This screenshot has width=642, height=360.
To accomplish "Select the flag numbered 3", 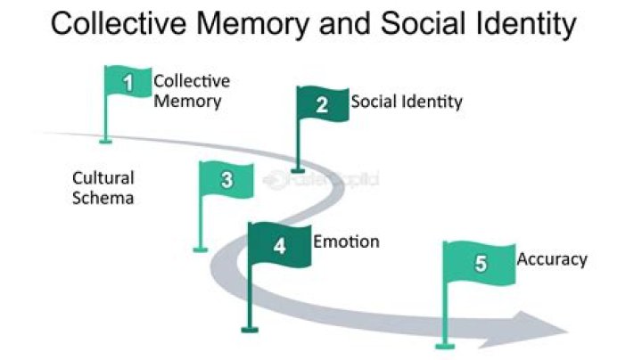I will tap(226, 179).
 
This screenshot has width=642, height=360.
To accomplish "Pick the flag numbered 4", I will tap(280, 245).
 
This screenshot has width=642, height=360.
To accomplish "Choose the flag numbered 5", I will tap(480, 263).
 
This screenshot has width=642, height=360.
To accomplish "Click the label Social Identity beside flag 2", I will tap(407, 102).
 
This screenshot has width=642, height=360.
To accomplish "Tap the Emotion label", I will tap(346, 241).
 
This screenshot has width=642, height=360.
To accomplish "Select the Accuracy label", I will tap(552, 259).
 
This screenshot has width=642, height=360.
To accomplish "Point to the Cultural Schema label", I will tap(103, 187).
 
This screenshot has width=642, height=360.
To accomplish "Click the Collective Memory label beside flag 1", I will tap(191, 90).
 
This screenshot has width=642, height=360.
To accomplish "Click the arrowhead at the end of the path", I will tap(540, 329).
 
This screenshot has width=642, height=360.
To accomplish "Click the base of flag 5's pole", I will tap(440, 346).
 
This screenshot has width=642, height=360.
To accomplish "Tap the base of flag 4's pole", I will tap(250, 330).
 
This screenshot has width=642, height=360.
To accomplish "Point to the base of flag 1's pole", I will tap(106, 140).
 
